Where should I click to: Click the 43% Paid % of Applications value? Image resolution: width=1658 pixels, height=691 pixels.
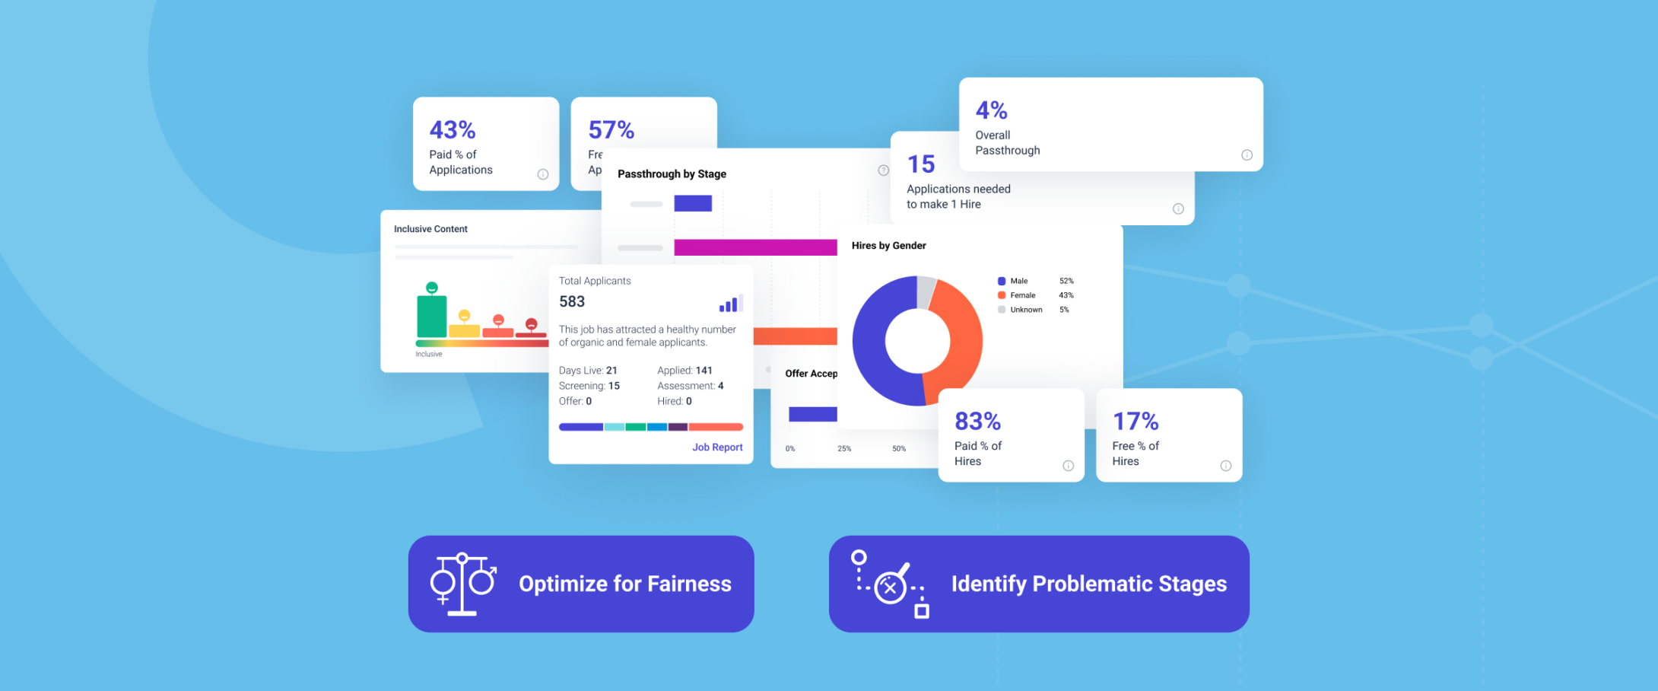point(453,129)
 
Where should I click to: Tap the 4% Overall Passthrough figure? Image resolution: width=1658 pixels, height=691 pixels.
point(991,110)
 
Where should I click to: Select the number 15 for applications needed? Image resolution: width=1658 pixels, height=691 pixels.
point(920,164)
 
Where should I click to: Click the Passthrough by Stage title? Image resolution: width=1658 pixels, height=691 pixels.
point(672,174)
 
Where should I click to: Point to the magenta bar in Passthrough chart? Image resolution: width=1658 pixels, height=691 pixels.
point(754,247)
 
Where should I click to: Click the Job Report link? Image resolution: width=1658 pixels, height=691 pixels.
point(716,447)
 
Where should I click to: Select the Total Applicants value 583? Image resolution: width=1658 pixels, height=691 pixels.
point(572,301)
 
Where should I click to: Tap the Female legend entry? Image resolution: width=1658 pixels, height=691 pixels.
point(1022,295)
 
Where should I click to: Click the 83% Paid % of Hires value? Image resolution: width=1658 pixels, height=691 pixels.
point(977,421)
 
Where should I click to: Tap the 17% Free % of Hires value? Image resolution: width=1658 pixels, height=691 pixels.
point(1135,421)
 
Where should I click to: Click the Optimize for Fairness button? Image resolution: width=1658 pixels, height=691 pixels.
point(581,584)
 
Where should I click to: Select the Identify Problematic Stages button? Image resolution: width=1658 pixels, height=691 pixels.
point(1039,584)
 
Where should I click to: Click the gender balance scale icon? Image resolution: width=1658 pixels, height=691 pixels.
point(462,584)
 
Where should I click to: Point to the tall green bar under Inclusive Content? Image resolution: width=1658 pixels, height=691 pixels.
point(431,316)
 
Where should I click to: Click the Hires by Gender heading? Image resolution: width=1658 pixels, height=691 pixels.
point(888,245)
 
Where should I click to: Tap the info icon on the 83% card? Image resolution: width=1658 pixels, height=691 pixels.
point(1068,466)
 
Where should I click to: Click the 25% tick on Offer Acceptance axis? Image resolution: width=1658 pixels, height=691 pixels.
point(844,448)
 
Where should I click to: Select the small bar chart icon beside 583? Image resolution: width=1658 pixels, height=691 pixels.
point(729,304)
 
